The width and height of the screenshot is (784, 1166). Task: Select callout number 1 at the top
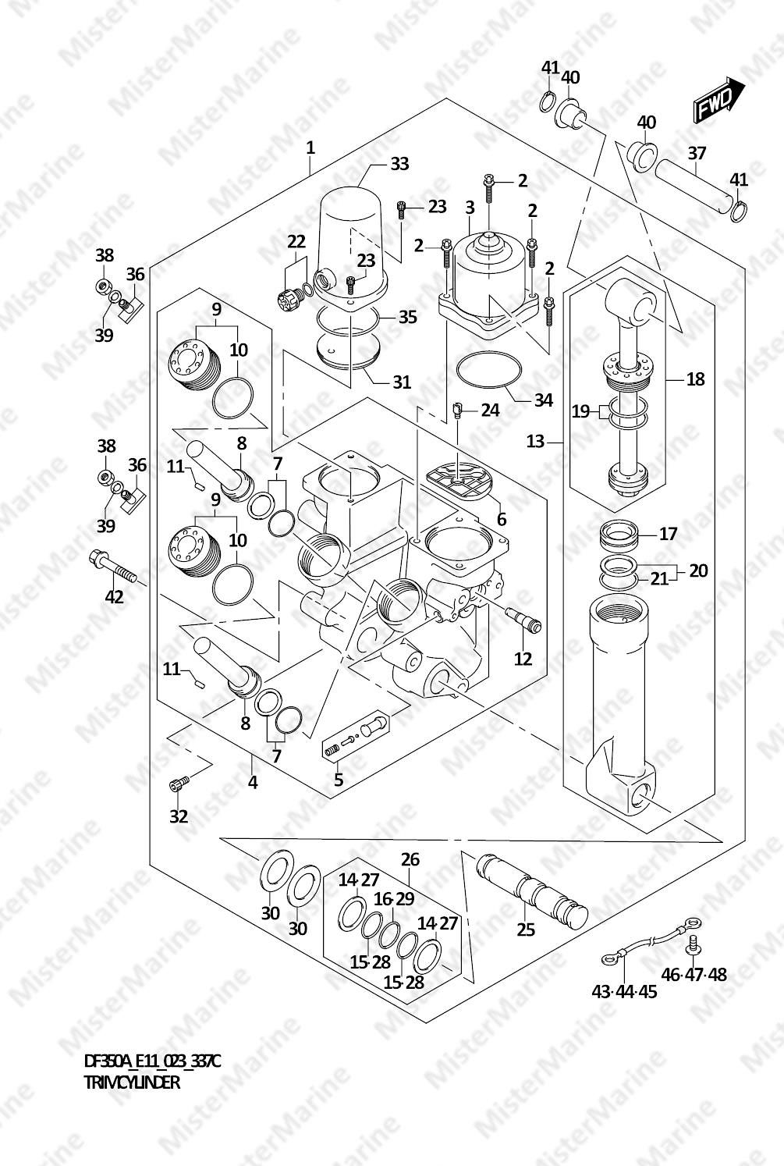[310, 148]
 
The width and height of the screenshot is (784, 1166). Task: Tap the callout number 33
[399, 164]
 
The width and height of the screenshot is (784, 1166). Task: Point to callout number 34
[544, 400]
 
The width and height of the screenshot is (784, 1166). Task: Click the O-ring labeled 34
[488, 370]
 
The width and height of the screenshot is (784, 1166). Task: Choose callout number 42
[115, 597]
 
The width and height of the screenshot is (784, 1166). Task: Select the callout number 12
[523, 659]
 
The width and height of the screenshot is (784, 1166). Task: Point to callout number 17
[668, 534]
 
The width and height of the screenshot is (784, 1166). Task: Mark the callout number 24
[490, 411]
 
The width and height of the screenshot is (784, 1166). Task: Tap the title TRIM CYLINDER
[132, 1082]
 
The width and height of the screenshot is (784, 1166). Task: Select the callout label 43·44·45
[624, 992]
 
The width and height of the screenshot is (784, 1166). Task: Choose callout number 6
[502, 519]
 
